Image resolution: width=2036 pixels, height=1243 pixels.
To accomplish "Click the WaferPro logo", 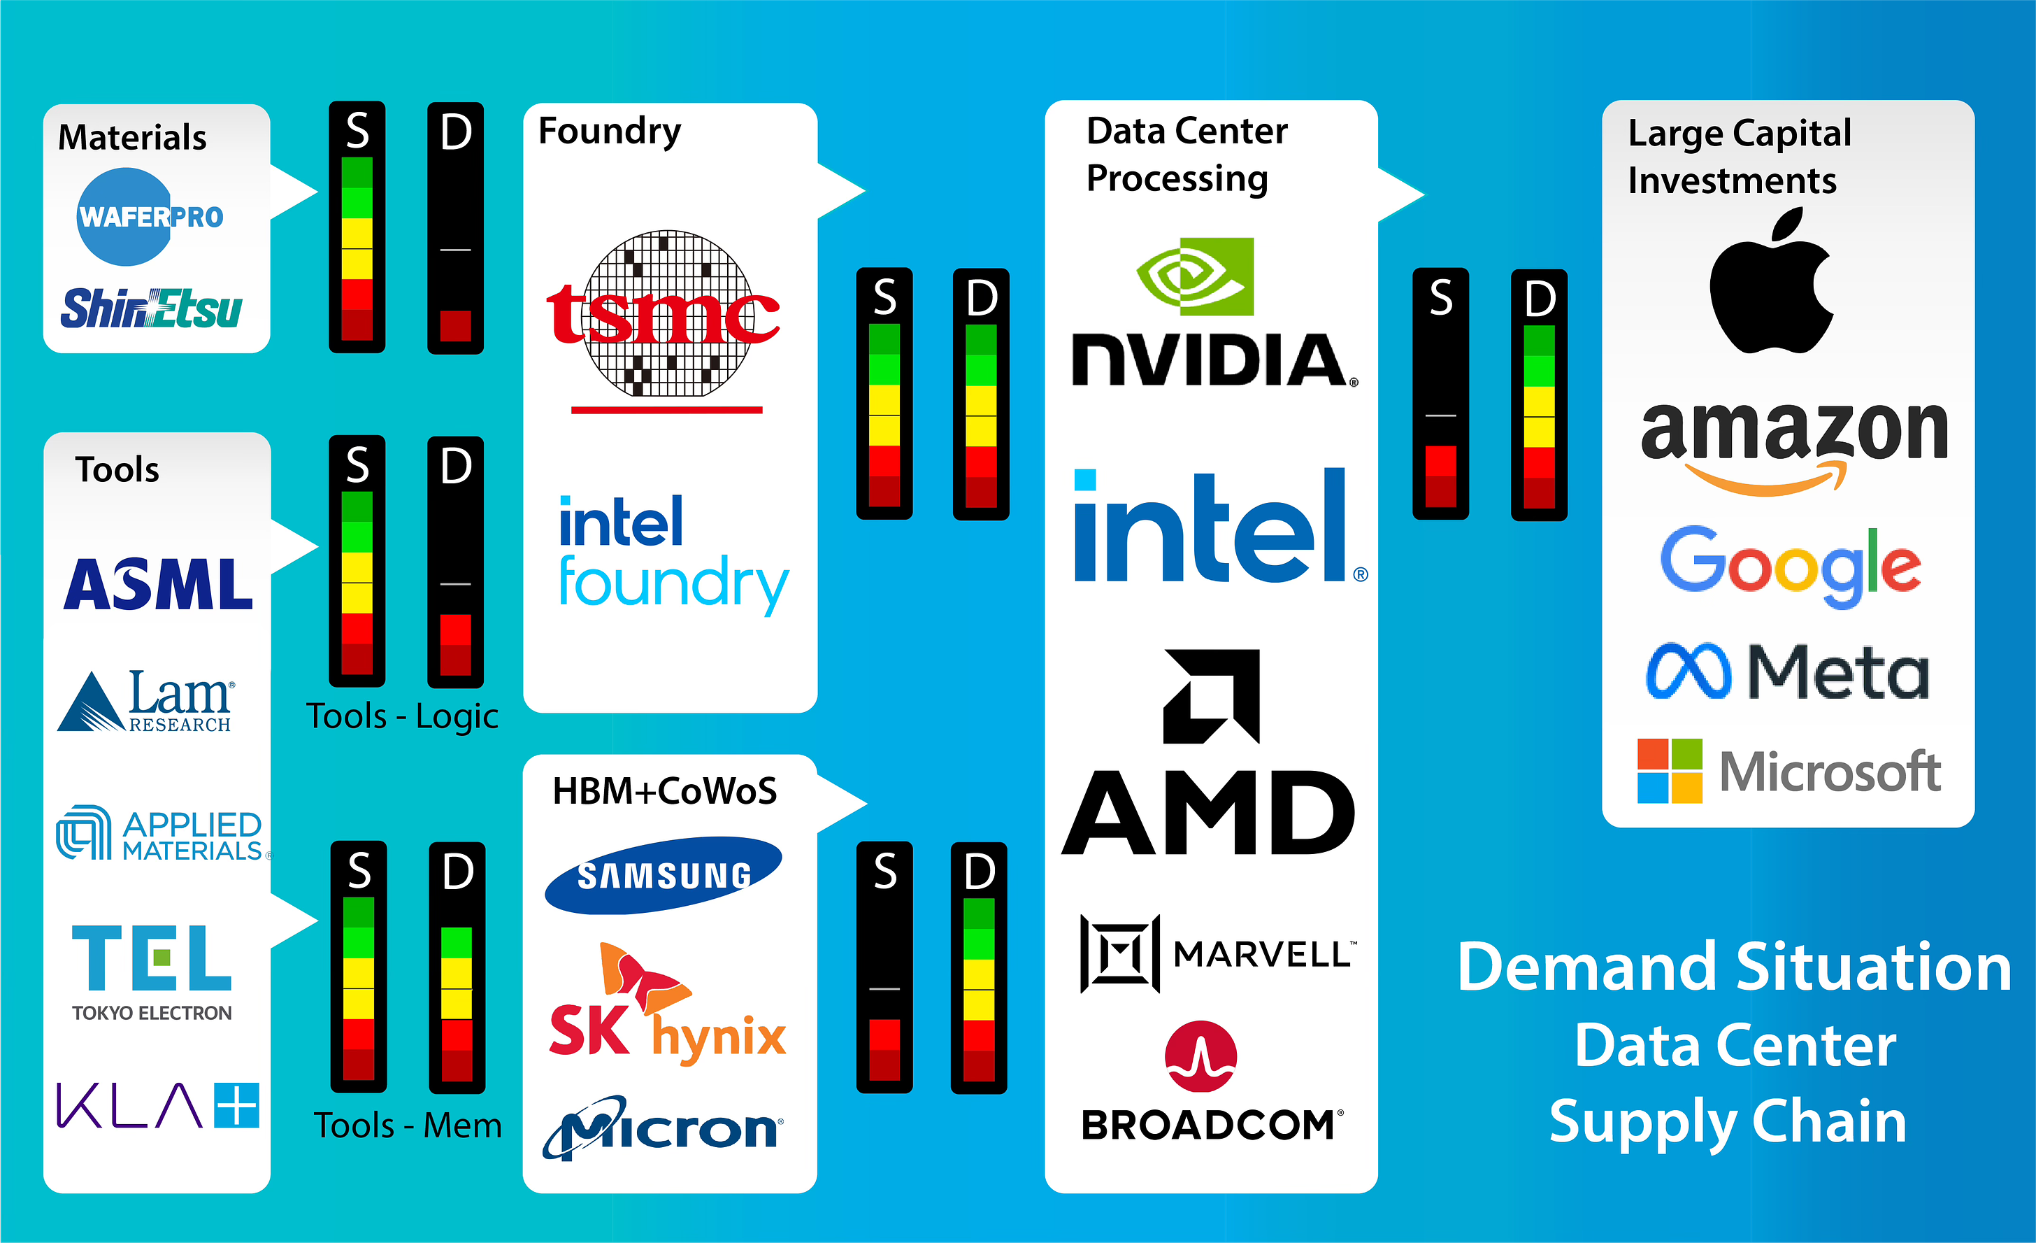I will (x=149, y=217).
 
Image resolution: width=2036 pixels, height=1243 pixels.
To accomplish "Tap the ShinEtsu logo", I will (x=152, y=309).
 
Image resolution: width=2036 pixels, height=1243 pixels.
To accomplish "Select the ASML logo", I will (x=158, y=584).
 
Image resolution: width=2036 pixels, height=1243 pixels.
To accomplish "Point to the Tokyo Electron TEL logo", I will (x=152, y=972).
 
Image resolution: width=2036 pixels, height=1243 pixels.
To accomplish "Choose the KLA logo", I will (x=157, y=1106).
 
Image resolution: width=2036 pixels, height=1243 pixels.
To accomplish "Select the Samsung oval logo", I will (x=663, y=875).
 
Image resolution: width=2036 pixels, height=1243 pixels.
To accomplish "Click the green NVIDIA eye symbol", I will (x=1196, y=276).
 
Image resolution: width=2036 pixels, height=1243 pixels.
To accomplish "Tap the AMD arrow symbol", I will (x=1212, y=696).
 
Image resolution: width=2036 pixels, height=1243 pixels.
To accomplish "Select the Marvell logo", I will (x=1217, y=953).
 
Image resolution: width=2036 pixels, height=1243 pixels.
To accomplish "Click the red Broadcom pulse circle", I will (x=1200, y=1056).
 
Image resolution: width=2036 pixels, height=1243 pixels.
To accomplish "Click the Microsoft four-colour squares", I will (x=1669, y=771).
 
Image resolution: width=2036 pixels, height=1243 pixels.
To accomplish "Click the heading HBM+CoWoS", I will (x=664, y=791).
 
